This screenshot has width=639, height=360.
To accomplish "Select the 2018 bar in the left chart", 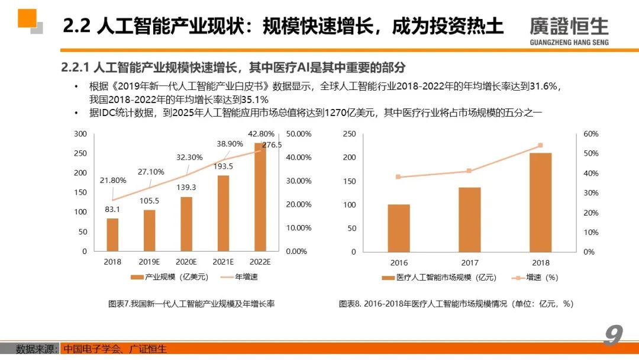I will (112, 234).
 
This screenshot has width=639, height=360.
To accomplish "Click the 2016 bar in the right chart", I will (399, 228).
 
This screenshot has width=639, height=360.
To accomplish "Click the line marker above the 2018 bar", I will (540, 146).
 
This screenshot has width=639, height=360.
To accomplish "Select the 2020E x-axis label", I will (186, 262).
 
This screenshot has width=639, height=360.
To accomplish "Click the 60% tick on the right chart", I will (590, 134).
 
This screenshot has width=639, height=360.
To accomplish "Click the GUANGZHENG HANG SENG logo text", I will (569, 42).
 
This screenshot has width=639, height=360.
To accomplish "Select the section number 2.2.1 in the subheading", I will (75, 67).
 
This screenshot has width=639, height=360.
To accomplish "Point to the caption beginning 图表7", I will (191, 303).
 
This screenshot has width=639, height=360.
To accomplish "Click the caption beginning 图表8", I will (456, 303).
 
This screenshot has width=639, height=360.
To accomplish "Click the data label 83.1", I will (112, 209).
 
